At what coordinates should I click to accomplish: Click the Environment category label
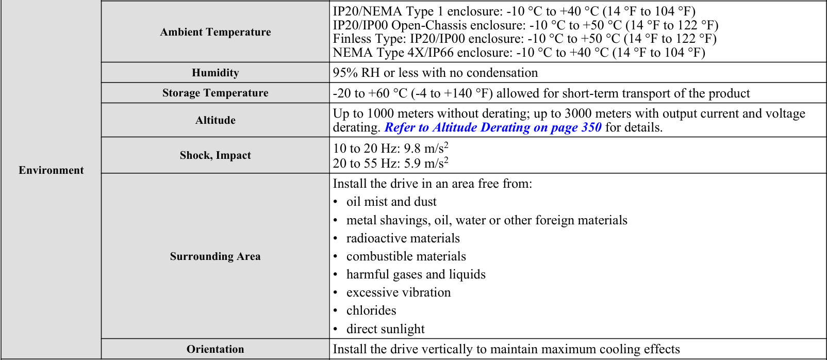coord(51,170)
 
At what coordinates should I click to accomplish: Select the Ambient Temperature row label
coord(215,32)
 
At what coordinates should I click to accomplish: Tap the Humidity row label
coord(215,73)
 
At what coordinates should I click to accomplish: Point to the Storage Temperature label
coord(215,93)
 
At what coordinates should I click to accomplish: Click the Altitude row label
coord(215,120)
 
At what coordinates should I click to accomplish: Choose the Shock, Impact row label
coord(215,155)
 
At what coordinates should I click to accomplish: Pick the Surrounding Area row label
coord(215,256)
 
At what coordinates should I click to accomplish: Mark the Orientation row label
coord(215,349)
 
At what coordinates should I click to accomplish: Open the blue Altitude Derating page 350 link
coord(493,127)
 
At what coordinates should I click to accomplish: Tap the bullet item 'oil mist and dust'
coord(391,202)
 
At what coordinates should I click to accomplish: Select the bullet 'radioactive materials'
coord(403,238)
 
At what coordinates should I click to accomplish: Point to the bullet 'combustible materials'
coord(406,256)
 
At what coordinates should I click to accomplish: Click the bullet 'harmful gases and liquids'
coord(416,274)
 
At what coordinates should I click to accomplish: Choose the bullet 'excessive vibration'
coord(398,292)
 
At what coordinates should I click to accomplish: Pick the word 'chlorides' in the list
coord(371,310)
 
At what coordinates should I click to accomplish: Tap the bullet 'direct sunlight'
coord(385,329)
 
